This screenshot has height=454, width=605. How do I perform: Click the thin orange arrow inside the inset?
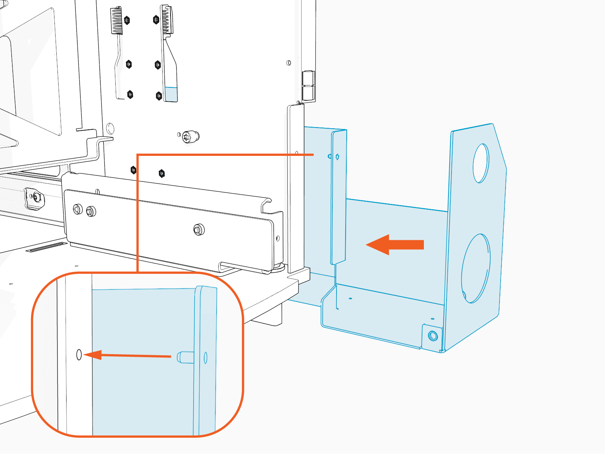129,355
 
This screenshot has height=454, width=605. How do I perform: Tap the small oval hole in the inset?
79,354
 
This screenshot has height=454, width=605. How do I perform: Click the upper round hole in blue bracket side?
481,163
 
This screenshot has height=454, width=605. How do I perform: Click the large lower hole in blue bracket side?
476,268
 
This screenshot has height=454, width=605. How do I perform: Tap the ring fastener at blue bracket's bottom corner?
433,336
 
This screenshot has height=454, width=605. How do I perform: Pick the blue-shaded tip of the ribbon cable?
171,94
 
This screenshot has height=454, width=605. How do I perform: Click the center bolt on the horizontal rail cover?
199,229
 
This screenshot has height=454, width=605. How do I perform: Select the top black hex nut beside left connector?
127,20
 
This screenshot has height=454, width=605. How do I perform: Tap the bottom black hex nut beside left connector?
130,94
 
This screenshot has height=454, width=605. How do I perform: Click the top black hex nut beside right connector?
156,20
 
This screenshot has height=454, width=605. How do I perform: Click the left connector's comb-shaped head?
116,21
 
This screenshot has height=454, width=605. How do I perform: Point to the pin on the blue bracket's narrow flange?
337,157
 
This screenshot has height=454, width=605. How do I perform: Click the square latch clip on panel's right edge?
308,86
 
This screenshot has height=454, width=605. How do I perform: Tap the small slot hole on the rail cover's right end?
278,239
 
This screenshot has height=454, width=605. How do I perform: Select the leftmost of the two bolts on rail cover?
78,209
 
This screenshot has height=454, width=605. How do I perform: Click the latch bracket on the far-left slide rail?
34,198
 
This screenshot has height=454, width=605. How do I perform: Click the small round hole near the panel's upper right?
289,63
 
